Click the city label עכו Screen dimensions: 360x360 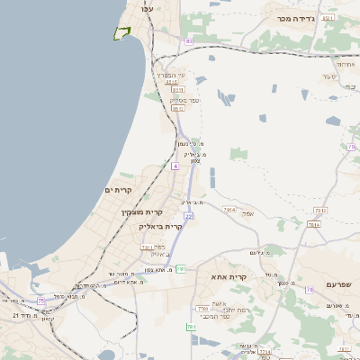point(148,8)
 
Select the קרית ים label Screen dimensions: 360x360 point(118,190)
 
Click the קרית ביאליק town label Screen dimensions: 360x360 point(160,227)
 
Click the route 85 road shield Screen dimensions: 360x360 point(189,41)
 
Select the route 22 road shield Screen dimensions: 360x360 point(189,216)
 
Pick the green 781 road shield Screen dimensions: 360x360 point(181,268)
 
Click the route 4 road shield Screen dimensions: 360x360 point(175,166)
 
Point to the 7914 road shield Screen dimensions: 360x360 point(229,210)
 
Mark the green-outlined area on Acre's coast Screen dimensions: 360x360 point(121,33)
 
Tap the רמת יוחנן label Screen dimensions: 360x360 point(235,310)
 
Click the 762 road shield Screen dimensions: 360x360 point(192,327)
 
